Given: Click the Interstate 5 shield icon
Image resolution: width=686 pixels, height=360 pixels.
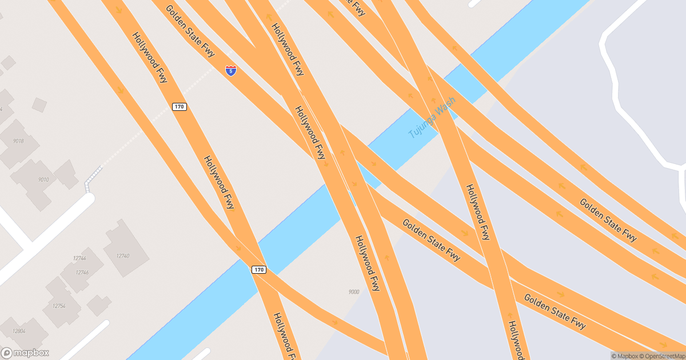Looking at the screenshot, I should [231, 70].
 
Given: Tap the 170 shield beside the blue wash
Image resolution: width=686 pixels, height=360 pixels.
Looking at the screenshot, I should [259, 270].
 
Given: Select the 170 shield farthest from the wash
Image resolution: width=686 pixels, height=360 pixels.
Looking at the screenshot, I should [180, 107].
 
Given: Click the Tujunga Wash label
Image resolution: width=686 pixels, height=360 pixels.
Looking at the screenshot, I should [432, 118].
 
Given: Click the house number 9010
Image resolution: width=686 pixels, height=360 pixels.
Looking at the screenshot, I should [43, 179].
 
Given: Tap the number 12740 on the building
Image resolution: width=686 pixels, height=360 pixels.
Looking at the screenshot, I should [122, 255].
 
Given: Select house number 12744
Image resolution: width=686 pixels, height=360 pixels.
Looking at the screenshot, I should [79, 258].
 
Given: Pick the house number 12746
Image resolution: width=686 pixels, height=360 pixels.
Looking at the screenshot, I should [82, 273].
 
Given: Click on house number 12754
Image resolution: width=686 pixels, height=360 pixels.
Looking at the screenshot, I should [59, 306].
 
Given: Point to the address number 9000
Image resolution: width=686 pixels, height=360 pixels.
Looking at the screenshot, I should [354, 292].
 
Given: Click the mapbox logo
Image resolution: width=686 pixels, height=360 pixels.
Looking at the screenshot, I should [25, 353].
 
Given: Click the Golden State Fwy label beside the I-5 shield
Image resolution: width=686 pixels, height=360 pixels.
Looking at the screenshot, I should [190, 31].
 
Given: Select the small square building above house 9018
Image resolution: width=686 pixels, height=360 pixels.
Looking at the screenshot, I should [39, 105].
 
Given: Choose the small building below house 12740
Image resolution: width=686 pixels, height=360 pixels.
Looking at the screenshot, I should [98, 305].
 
